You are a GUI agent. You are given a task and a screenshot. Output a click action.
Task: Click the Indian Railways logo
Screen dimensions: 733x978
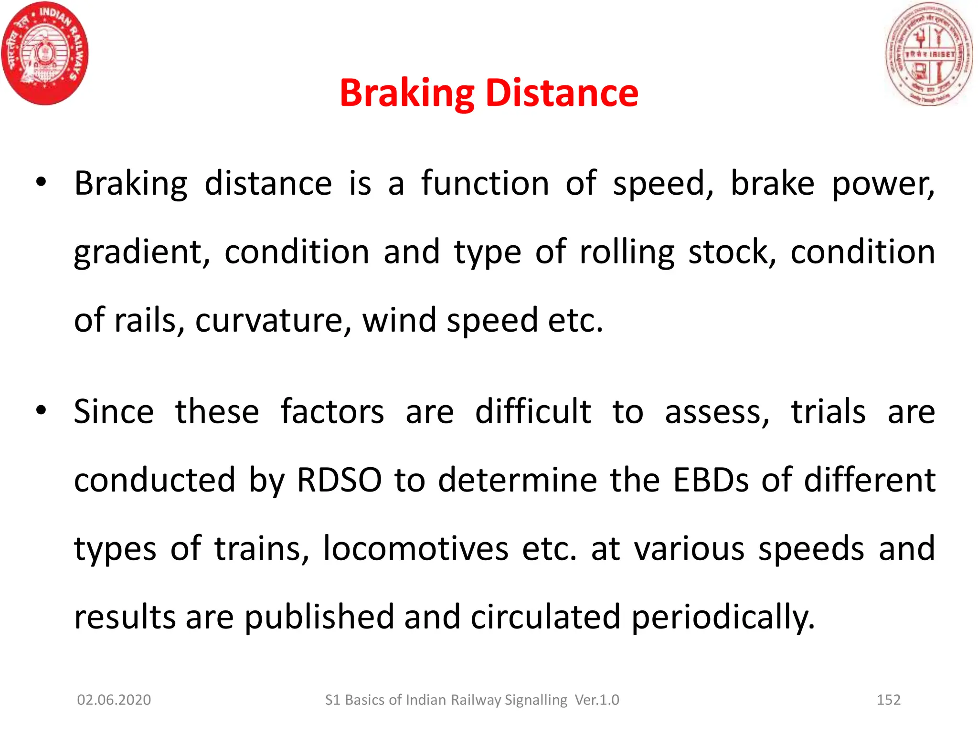(x=45, y=53)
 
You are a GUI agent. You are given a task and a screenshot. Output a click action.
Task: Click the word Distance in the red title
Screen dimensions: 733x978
(x=562, y=93)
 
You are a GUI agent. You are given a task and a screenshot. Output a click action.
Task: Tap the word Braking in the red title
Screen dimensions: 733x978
(x=407, y=94)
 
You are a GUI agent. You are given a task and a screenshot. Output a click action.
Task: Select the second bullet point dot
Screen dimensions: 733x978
(x=41, y=410)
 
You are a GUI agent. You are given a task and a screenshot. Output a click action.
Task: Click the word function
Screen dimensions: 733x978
(x=485, y=183)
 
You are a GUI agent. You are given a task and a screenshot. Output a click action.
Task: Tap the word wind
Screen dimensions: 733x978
(x=399, y=320)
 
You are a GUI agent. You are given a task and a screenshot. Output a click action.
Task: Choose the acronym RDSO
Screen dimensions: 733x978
(x=339, y=480)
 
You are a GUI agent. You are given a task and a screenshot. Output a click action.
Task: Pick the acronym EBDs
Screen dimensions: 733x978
(x=711, y=480)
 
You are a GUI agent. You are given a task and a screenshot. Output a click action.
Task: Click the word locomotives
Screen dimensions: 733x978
(x=415, y=548)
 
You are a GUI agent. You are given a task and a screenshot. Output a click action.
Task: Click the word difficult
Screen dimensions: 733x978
(x=532, y=411)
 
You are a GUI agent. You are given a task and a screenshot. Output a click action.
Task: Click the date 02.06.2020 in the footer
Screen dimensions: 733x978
(x=114, y=700)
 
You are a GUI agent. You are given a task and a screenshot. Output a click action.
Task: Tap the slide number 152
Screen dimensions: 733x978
(x=888, y=700)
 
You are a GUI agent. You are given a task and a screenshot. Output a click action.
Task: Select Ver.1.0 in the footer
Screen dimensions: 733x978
(x=597, y=700)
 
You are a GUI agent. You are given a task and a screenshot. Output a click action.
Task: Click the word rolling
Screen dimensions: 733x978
(x=627, y=253)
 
